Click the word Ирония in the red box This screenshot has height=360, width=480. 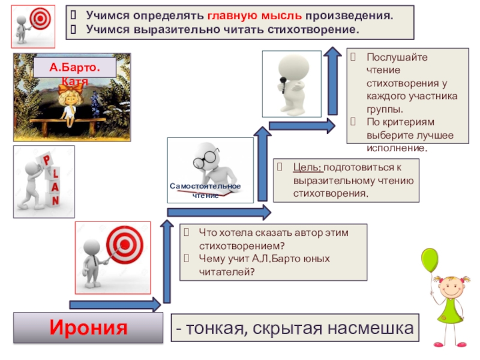pyautogui.click(x=88, y=328)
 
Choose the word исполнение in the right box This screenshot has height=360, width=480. pyautogui.click(x=397, y=147)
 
